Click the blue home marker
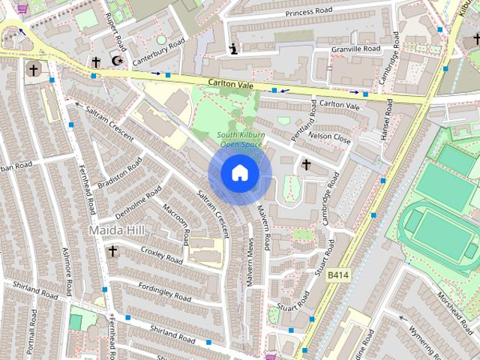238,173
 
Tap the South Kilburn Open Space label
241,139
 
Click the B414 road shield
338,275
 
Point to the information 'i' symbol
233,50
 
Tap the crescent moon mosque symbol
116,60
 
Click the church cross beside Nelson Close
306,163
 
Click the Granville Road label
357,49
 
